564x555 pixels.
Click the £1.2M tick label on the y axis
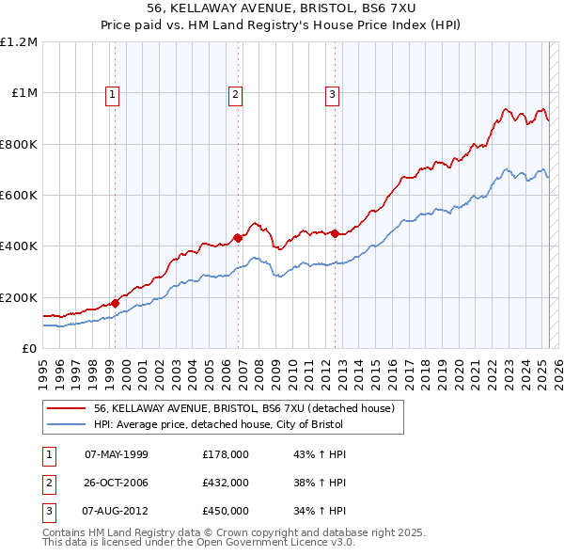point(18,41)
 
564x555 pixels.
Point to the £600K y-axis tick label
point(18,195)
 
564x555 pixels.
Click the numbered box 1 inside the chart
point(112,93)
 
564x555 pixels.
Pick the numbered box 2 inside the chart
point(234,93)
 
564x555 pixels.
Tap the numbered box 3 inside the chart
point(332,93)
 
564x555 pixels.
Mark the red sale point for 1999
point(115,303)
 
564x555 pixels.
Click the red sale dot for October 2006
point(238,238)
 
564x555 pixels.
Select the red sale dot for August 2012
point(335,233)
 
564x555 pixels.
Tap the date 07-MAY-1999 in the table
point(117,454)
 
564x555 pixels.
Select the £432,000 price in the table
point(226,483)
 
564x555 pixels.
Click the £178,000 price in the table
point(226,454)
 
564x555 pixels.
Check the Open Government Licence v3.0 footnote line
point(198,543)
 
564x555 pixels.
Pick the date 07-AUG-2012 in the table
point(117,511)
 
